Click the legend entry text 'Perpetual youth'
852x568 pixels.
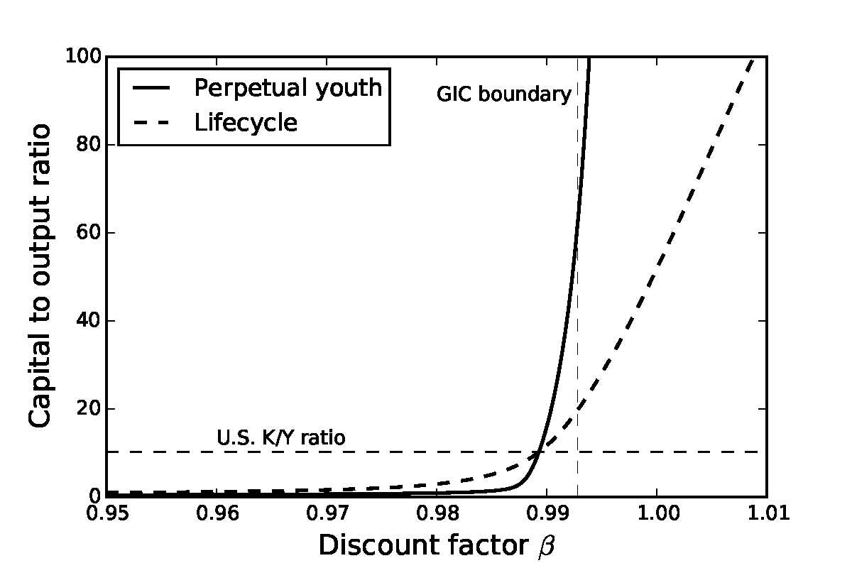tap(288, 88)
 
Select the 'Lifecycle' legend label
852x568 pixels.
tap(246, 123)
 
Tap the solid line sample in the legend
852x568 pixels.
tap(151, 88)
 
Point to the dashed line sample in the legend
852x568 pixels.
tap(151, 124)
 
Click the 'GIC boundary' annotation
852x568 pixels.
tap(503, 94)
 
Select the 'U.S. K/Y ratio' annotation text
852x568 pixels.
tap(281, 438)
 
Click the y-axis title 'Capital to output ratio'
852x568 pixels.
tap(41, 275)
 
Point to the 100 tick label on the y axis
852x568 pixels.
tap(82, 57)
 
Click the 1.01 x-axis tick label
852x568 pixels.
tap(765, 513)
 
